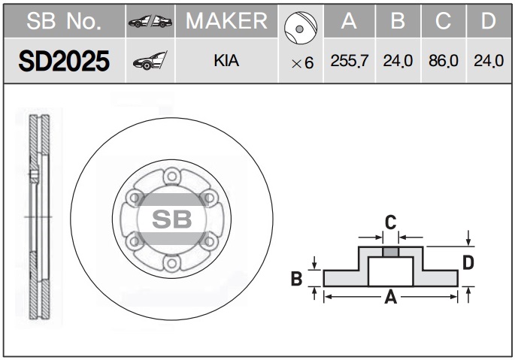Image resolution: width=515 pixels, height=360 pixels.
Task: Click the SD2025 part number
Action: tap(64, 61)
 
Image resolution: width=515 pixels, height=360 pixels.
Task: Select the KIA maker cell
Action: tap(226, 60)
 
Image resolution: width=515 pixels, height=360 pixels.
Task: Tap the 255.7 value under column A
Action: tap(350, 61)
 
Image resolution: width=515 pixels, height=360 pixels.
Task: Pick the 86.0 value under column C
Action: tap(444, 61)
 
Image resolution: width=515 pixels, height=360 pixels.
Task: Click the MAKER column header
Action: tap(226, 21)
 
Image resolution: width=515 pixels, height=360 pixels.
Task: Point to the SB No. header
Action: tap(64, 21)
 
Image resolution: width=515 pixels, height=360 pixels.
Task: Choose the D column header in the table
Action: tap(489, 21)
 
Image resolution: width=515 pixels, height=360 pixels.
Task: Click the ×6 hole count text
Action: tap(302, 62)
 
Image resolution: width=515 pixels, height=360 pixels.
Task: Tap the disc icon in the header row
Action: tap(301, 28)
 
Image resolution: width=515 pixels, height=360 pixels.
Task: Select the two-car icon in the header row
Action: tap(150, 21)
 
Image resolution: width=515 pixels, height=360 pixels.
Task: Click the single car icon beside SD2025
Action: tap(150, 60)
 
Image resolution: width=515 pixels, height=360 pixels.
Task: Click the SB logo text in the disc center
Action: tap(171, 219)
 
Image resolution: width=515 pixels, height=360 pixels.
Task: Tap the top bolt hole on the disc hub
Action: tap(171, 177)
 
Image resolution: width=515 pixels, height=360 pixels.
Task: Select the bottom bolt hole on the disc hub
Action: tap(171, 263)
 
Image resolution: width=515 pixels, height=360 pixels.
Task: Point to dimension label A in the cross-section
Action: tap(391, 298)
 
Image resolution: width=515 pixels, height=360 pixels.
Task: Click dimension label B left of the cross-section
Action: tap(296, 279)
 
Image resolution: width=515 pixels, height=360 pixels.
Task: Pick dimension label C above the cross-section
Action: tap(390, 222)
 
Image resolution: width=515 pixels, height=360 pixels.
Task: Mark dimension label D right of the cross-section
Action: tap(468, 262)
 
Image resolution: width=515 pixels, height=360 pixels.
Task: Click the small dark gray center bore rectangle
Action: tap(390, 252)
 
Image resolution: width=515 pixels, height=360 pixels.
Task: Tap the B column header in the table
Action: tap(398, 21)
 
